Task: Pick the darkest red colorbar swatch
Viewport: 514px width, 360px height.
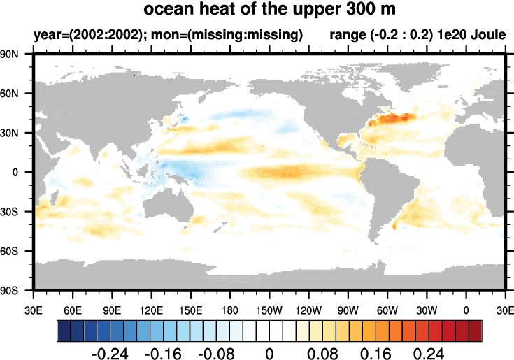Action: (x=476, y=329)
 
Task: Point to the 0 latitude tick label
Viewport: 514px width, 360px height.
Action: (x=24, y=172)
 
